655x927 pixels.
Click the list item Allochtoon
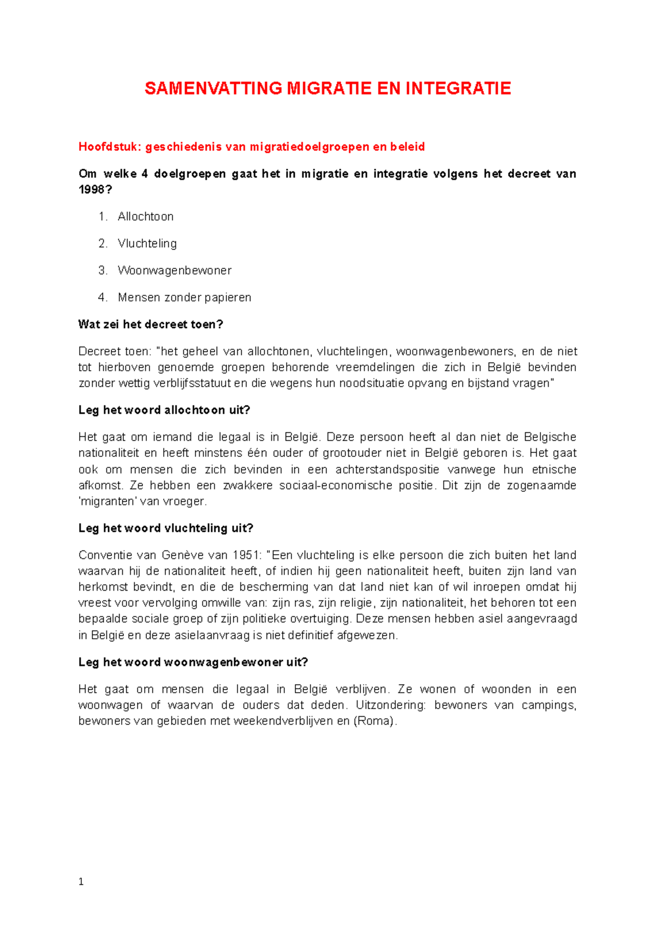coord(146,217)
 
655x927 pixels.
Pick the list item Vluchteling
coord(147,243)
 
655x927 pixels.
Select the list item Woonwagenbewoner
coord(175,271)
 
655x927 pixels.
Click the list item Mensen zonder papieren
coord(184,298)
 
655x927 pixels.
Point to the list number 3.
coord(102,271)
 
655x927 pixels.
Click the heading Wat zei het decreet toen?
coord(151,324)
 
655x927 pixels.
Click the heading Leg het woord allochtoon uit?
coord(164,410)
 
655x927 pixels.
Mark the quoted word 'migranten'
coord(108,501)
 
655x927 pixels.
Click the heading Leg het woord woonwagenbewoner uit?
coord(193,662)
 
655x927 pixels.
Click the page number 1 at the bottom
coord(81,882)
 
